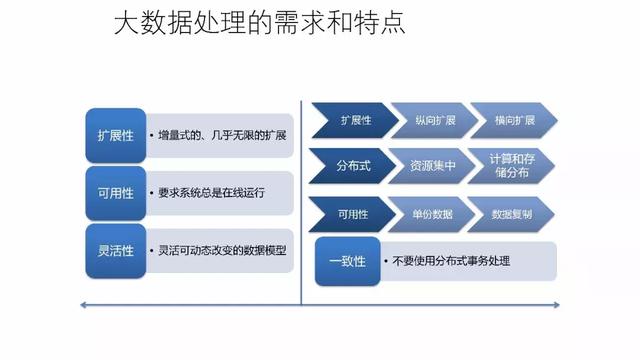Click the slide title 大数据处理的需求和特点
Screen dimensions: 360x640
pos(259,23)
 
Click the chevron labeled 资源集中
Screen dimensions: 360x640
pos(428,166)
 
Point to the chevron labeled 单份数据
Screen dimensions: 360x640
pos(428,214)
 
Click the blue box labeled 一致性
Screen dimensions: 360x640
pos(347,261)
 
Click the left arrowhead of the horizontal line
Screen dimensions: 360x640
pos(84,304)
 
